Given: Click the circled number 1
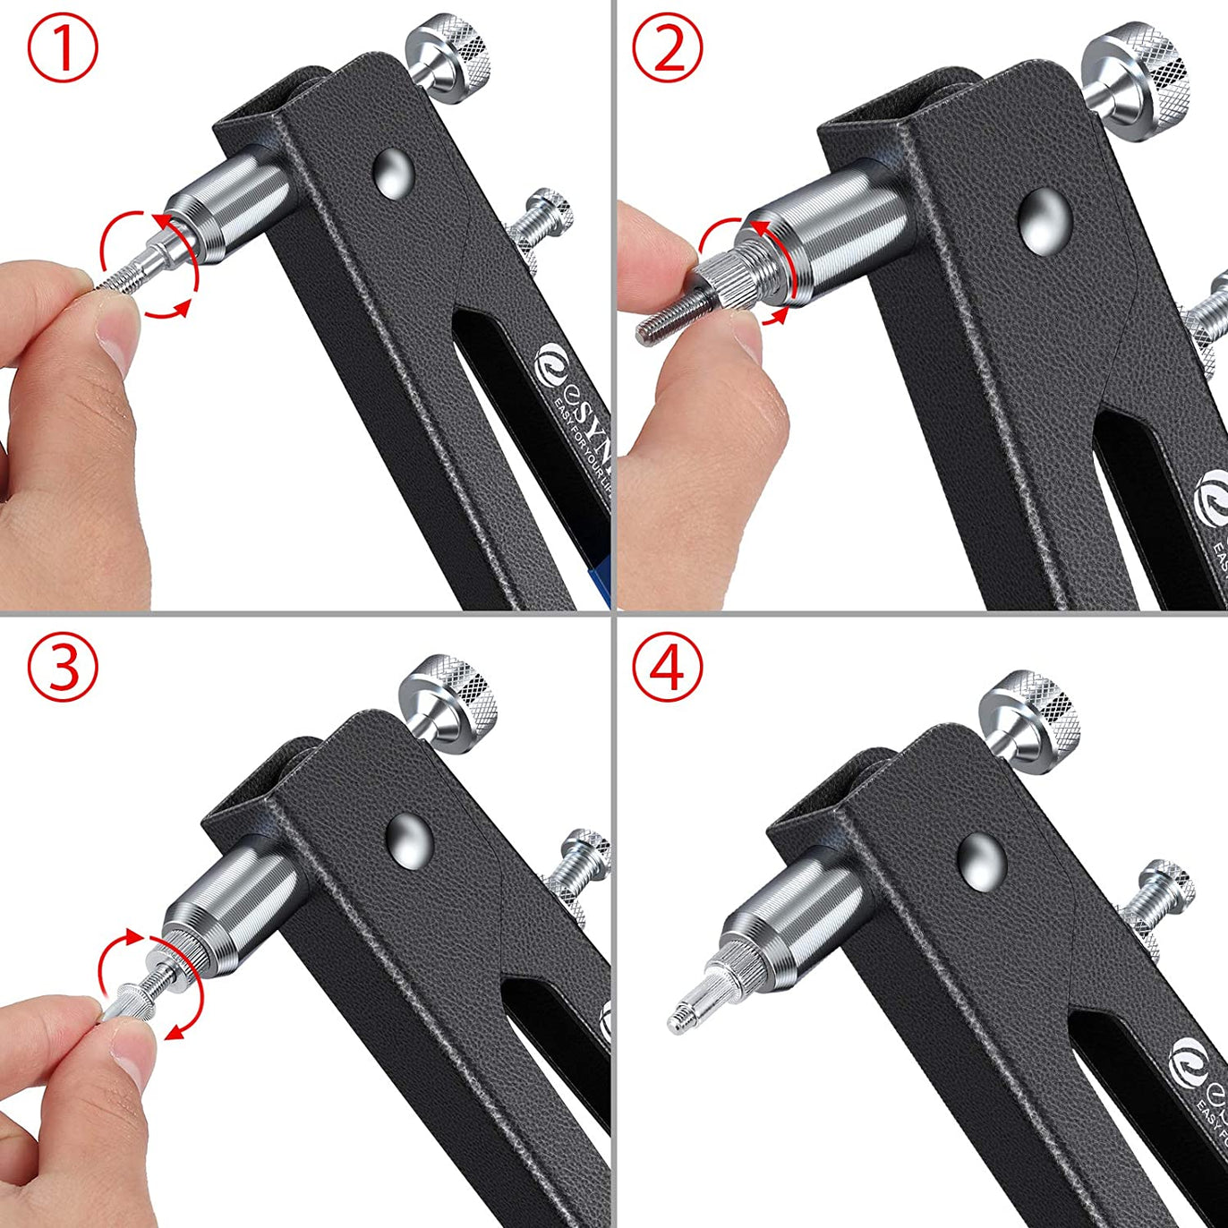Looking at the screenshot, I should [63, 51].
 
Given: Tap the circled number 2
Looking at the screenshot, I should [669, 51].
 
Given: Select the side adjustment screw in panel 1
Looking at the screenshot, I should [542, 219].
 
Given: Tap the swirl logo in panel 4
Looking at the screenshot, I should [1188, 1056].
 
